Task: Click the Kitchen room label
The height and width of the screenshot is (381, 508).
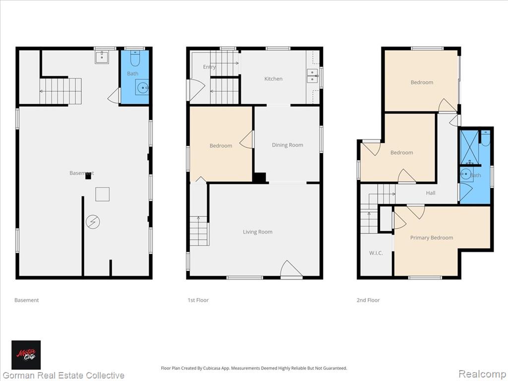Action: [273, 79]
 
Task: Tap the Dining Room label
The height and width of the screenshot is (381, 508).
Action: [287, 145]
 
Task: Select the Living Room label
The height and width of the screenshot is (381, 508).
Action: [257, 232]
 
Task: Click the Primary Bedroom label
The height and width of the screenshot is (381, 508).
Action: [432, 238]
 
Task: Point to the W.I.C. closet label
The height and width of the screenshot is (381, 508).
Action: [376, 253]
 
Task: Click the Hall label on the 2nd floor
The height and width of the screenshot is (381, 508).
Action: [431, 193]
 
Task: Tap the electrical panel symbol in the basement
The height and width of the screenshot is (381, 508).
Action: [93, 222]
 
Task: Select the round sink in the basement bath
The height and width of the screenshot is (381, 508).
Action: [142, 87]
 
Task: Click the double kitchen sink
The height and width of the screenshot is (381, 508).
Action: [313, 76]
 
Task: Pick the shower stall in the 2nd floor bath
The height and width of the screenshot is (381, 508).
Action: [469, 147]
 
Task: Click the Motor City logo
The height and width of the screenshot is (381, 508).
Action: [26, 355]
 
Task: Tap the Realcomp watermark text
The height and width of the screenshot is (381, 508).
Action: [482, 374]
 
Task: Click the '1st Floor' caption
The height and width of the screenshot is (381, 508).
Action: [198, 300]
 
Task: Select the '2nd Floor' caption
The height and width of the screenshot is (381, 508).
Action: [368, 300]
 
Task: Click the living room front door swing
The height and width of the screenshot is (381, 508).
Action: [291, 269]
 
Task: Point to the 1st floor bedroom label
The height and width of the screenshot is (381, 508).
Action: [221, 146]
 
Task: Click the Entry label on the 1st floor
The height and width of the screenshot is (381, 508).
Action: [209, 67]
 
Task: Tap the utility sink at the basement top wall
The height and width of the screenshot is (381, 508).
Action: [102, 57]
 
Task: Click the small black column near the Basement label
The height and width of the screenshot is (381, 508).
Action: [88, 176]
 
